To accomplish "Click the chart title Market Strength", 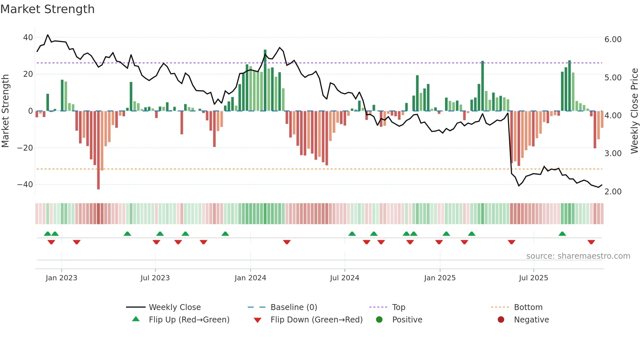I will point(47,9).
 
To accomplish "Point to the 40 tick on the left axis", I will point(28,38).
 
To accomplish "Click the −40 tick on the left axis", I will point(25,185).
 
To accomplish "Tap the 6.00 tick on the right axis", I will point(613,40).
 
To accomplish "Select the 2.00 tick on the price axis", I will point(613,192).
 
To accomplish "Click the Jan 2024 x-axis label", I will point(250,278).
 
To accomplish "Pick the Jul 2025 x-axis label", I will point(533,278).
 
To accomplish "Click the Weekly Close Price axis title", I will point(634,111).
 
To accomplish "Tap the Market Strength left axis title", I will point(6,111).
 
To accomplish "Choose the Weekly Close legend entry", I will point(174,307).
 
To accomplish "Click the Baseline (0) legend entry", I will point(294,307).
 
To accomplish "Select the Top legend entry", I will point(398,307).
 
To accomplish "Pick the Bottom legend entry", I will point(528,307).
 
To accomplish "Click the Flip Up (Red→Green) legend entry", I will point(189,320).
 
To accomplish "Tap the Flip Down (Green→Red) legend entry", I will point(316,320).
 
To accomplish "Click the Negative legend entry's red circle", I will point(501,320).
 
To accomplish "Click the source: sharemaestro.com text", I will point(578,256).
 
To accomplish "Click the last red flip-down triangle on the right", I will point(591,242).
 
